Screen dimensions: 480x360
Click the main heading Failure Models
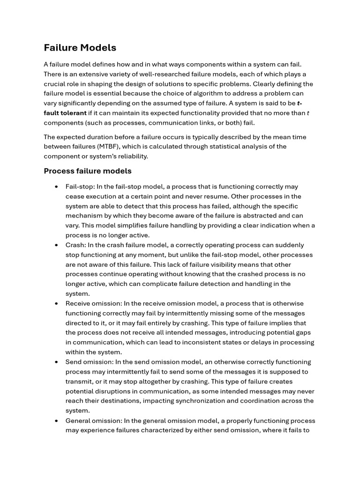(x=80, y=47)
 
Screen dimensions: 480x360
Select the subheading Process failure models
(x=88, y=171)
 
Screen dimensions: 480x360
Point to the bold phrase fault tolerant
(x=65, y=112)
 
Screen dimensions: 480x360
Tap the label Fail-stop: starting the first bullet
(x=80, y=187)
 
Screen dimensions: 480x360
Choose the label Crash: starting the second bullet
(x=76, y=245)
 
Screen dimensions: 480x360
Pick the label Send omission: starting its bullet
(x=89, y=362)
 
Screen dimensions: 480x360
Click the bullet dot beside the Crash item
(x=56, y=245)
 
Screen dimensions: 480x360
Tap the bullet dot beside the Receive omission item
(x=56, y=304)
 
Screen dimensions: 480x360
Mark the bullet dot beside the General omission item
(x=56, y=421)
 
